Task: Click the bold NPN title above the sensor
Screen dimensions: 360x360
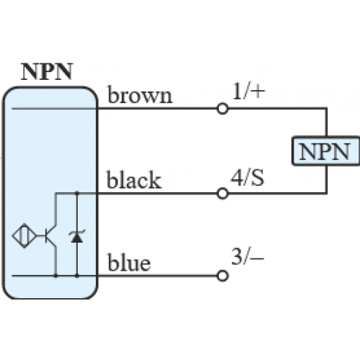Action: click(47, 71)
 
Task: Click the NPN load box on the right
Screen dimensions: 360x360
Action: click(325, 151)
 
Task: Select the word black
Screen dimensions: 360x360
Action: click(134, 179)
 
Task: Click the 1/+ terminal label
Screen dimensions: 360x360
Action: click(249, 91)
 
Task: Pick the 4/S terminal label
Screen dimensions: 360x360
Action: click(248, 178)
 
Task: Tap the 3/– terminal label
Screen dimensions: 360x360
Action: click(248, 256)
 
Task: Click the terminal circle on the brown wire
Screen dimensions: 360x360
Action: click(222, 109)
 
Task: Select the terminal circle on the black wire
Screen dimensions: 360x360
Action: click(222, 194)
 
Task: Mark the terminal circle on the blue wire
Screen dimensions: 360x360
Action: click(222, 276)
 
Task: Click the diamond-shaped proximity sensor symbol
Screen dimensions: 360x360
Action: click(24, 236)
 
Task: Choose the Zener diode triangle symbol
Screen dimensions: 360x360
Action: click(77, 237)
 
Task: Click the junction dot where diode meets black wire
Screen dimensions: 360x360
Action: click(77, 193)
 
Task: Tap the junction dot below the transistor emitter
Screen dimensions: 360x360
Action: click(55, 276)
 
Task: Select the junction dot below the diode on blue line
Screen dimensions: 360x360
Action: click(77, 276)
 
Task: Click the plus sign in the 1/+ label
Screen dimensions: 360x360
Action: click(258, 91)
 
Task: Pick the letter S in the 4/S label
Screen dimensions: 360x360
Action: click(258, 178)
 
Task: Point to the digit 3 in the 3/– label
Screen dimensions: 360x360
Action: click(237, 256)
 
